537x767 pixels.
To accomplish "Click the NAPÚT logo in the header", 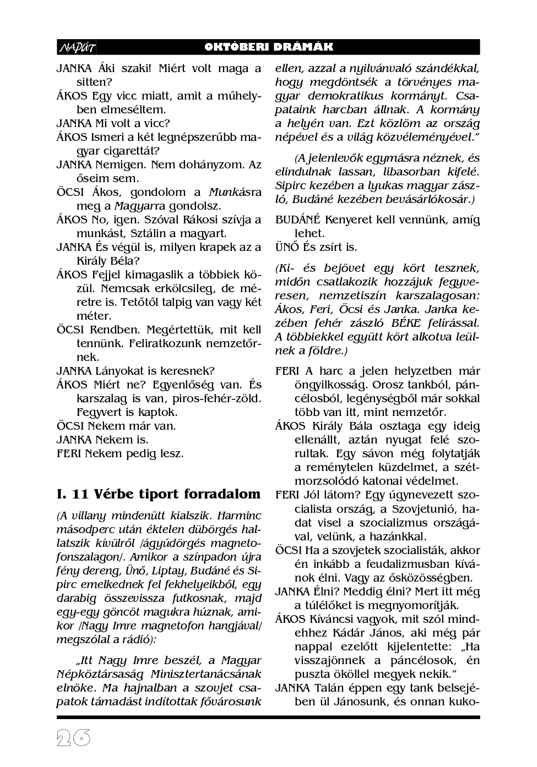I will tap(77, 47).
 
